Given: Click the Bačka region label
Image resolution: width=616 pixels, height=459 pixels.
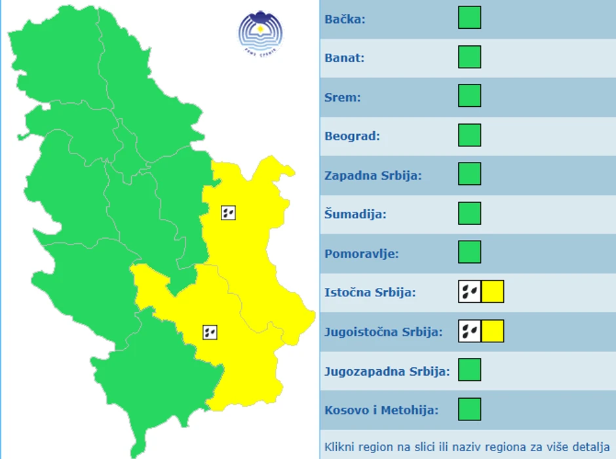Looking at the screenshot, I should (345, 19).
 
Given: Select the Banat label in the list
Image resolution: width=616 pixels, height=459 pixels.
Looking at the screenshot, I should (344, 58).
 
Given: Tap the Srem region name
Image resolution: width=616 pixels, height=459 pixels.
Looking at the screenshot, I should (343, 97).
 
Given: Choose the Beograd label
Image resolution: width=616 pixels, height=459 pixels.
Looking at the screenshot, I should (352, 136).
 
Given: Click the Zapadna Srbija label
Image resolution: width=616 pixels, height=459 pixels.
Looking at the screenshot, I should (373, 176).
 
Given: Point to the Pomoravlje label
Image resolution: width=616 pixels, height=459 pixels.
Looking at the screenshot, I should (361, 253).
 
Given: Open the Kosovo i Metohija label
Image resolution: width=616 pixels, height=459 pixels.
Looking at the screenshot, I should (381, 410).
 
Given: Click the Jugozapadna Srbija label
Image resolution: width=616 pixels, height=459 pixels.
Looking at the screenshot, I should (387, 371).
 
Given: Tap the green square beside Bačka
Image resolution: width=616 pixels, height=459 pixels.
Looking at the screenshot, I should (469, 18).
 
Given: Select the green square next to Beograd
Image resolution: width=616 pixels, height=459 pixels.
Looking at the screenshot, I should (469, 135).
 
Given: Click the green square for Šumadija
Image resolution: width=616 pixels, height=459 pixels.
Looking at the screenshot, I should (469, 213).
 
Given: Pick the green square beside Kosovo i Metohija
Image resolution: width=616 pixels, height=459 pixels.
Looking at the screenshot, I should (469, 409).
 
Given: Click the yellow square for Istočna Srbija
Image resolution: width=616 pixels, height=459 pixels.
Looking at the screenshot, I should (493, 291).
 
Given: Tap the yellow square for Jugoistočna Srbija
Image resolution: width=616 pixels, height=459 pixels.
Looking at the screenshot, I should (493, 331).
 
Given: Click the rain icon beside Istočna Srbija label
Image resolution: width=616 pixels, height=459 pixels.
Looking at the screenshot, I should (469, 291).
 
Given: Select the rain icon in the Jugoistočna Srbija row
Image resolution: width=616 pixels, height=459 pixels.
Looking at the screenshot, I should (469, 331).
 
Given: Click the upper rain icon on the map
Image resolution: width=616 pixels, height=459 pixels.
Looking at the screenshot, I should (228, 212).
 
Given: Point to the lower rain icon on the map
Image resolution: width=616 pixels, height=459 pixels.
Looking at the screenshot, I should (210, 332).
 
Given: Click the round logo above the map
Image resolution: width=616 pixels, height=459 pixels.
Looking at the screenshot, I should (261, 33).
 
